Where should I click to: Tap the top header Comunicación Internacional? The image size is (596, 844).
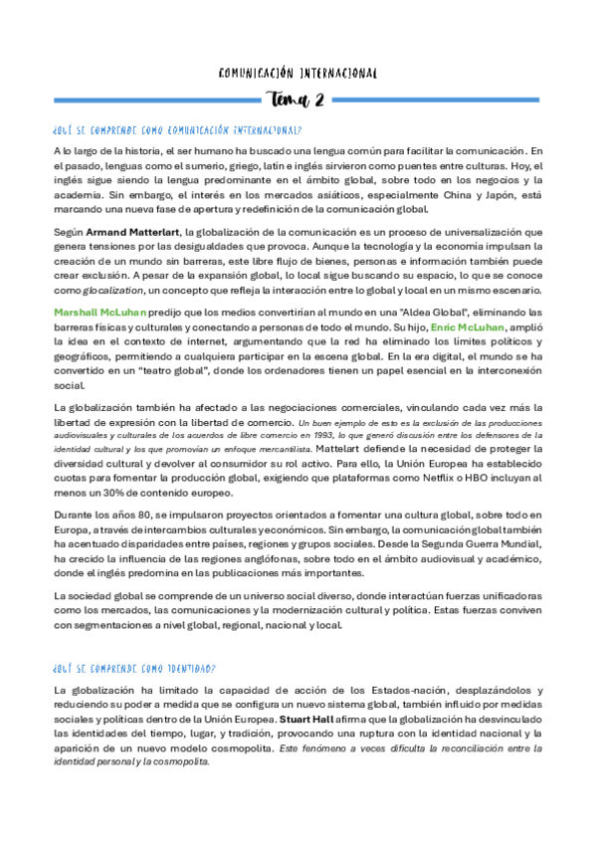click(x=298, y=73)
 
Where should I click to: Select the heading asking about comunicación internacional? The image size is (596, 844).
click(x=178, y=130)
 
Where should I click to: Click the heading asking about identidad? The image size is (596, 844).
click(x=140, y=670)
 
